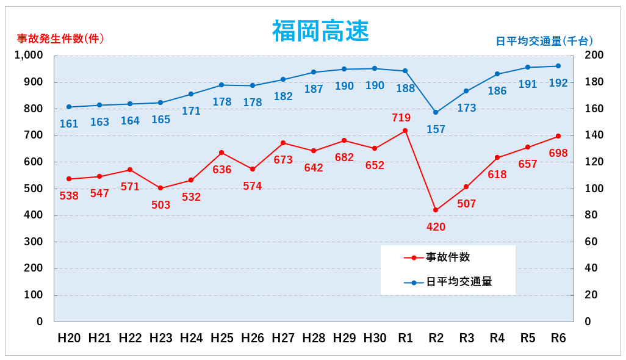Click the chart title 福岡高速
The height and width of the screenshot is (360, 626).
[x=320, y=31]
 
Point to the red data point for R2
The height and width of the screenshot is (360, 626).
[x=436, y=210]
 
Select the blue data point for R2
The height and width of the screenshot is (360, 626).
[x=436, y=112]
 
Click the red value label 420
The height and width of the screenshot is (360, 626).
[x=436, y=227]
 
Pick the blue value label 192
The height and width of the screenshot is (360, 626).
[x=558, y=83]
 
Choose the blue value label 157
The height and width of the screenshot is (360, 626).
[x=436, y=129]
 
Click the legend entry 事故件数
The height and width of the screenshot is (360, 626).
[x=448, y=257]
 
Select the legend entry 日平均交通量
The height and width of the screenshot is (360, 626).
[x=459, y=282]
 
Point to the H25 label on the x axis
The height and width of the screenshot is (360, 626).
[x=222, y=338]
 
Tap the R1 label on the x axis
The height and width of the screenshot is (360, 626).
[x=405, y=338]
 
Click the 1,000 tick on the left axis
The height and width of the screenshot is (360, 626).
[x=29, y=56]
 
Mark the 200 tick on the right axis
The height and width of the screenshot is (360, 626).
[x=595, y=56]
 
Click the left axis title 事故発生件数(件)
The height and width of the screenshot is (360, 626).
[x=60, y=38]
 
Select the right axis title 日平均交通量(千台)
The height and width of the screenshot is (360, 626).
[x=544, y=41]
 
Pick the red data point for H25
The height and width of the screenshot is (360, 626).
[x=221, y=153]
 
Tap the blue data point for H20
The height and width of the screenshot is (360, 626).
[x=69, y=107]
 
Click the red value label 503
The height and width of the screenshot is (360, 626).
[x=161, y=205]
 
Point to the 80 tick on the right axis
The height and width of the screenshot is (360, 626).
[x=592, y=215]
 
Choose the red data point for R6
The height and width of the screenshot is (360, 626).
[x=558, y=136]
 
